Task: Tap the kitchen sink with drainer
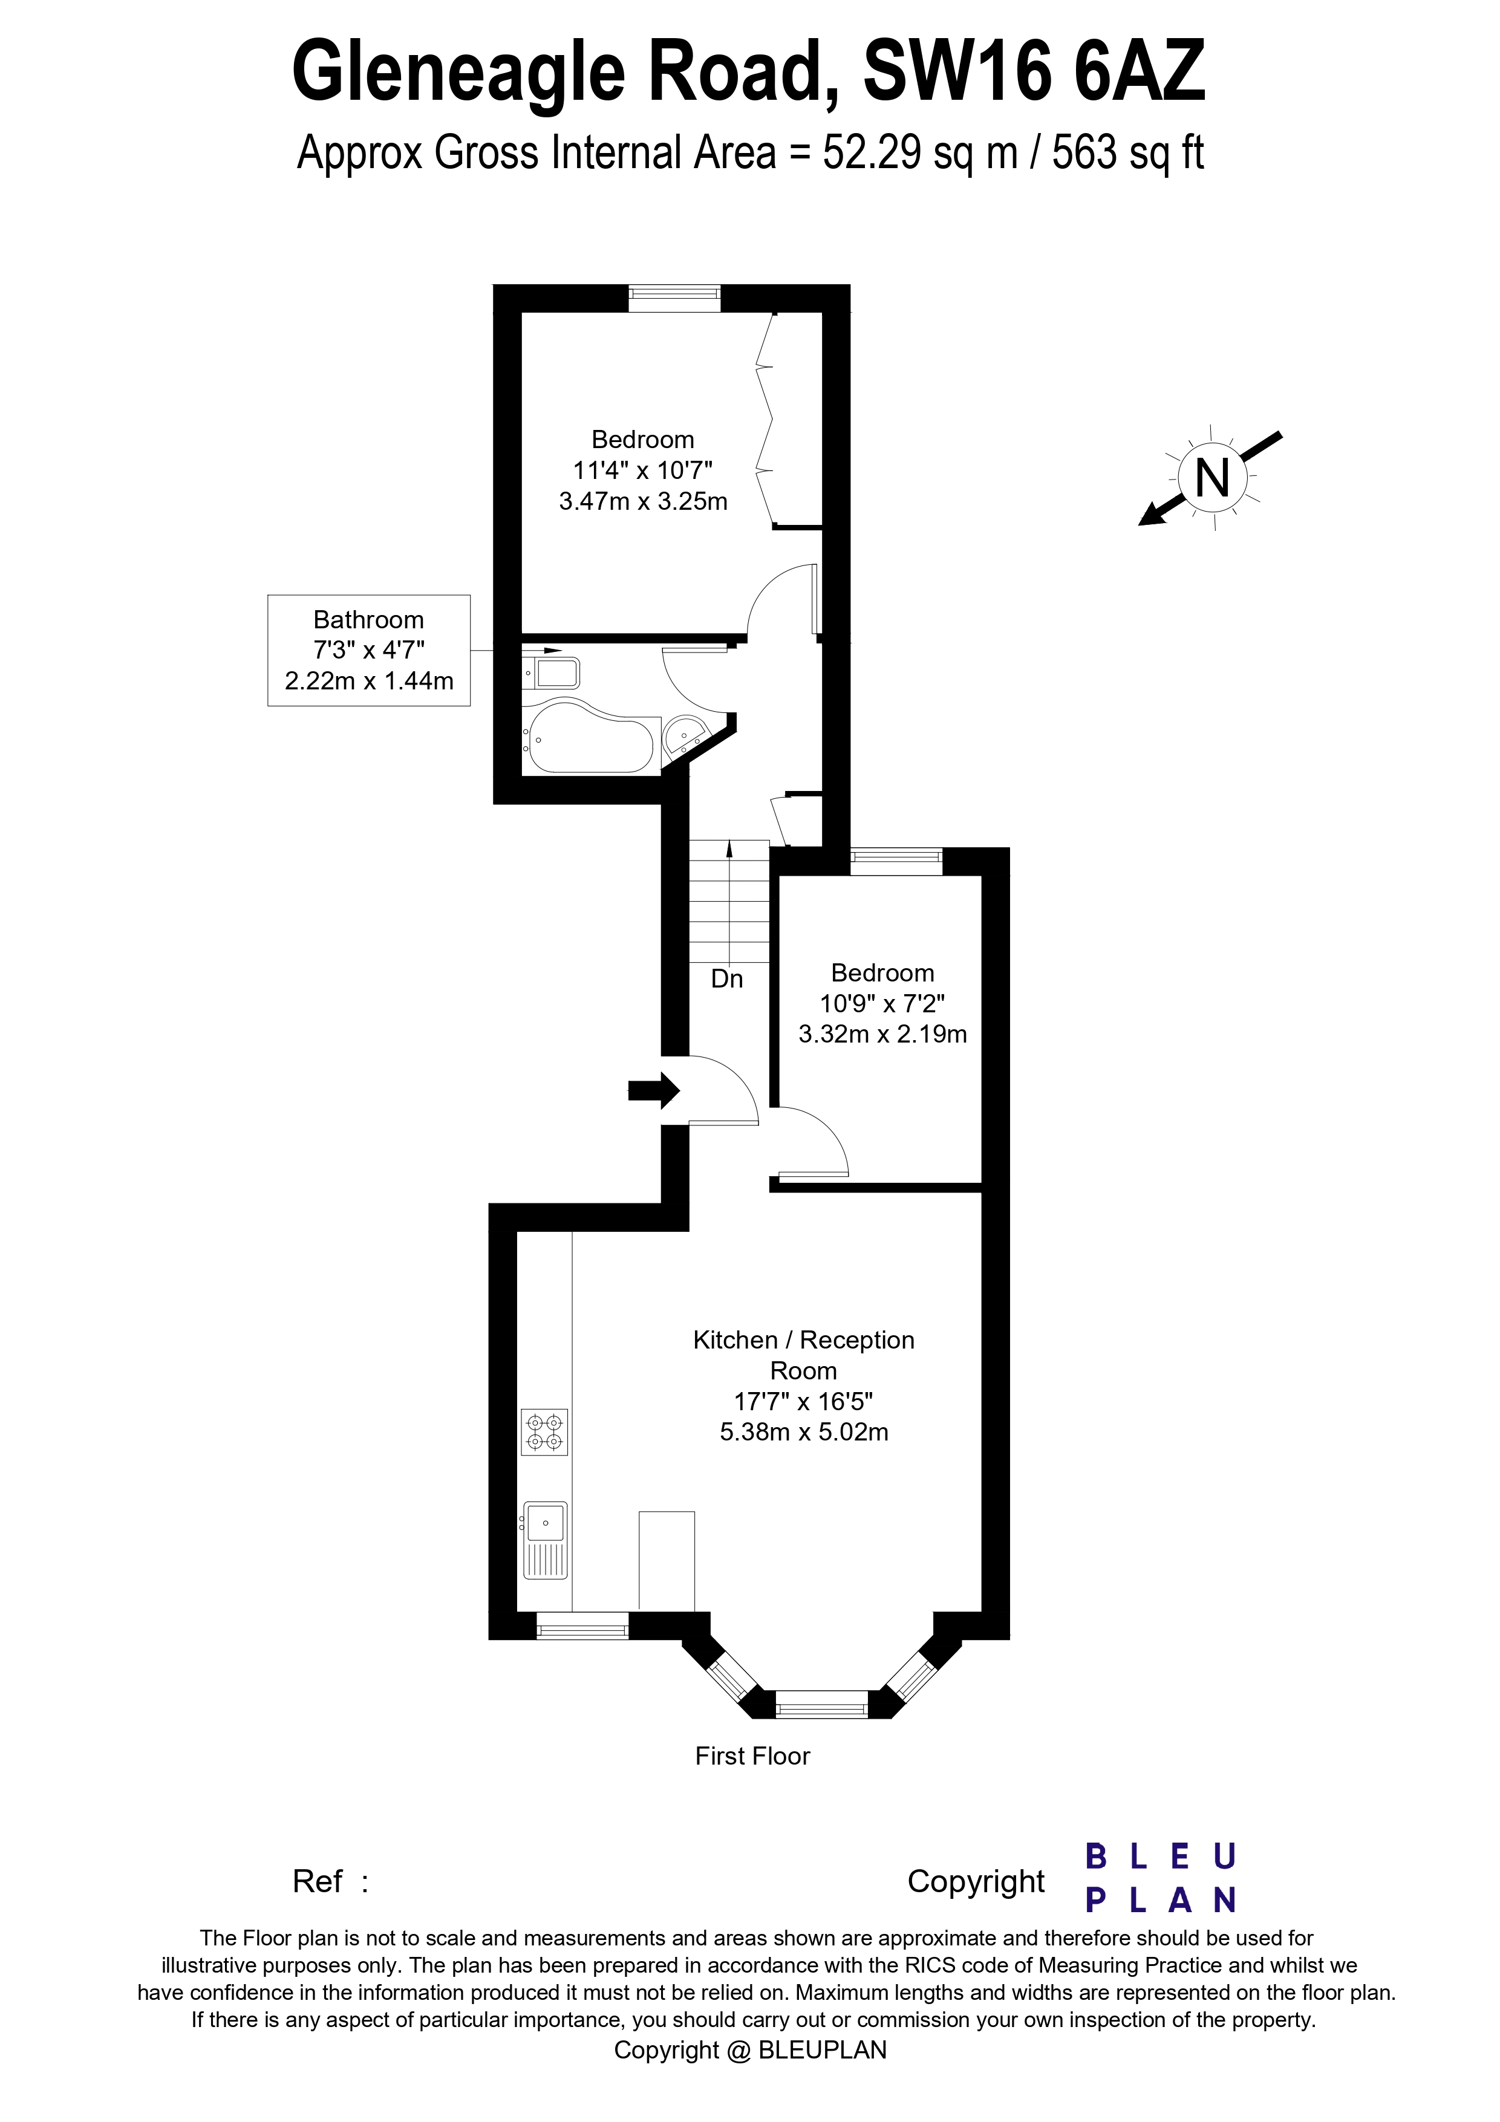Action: point(546,1541)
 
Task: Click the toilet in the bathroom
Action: point(555,672)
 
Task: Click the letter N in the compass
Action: point(1213,478)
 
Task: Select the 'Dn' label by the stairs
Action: point(726,978)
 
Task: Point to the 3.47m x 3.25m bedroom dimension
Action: point(644,501)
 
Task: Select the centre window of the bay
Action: point(821,1702)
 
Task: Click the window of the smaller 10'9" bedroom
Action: point(896,861)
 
